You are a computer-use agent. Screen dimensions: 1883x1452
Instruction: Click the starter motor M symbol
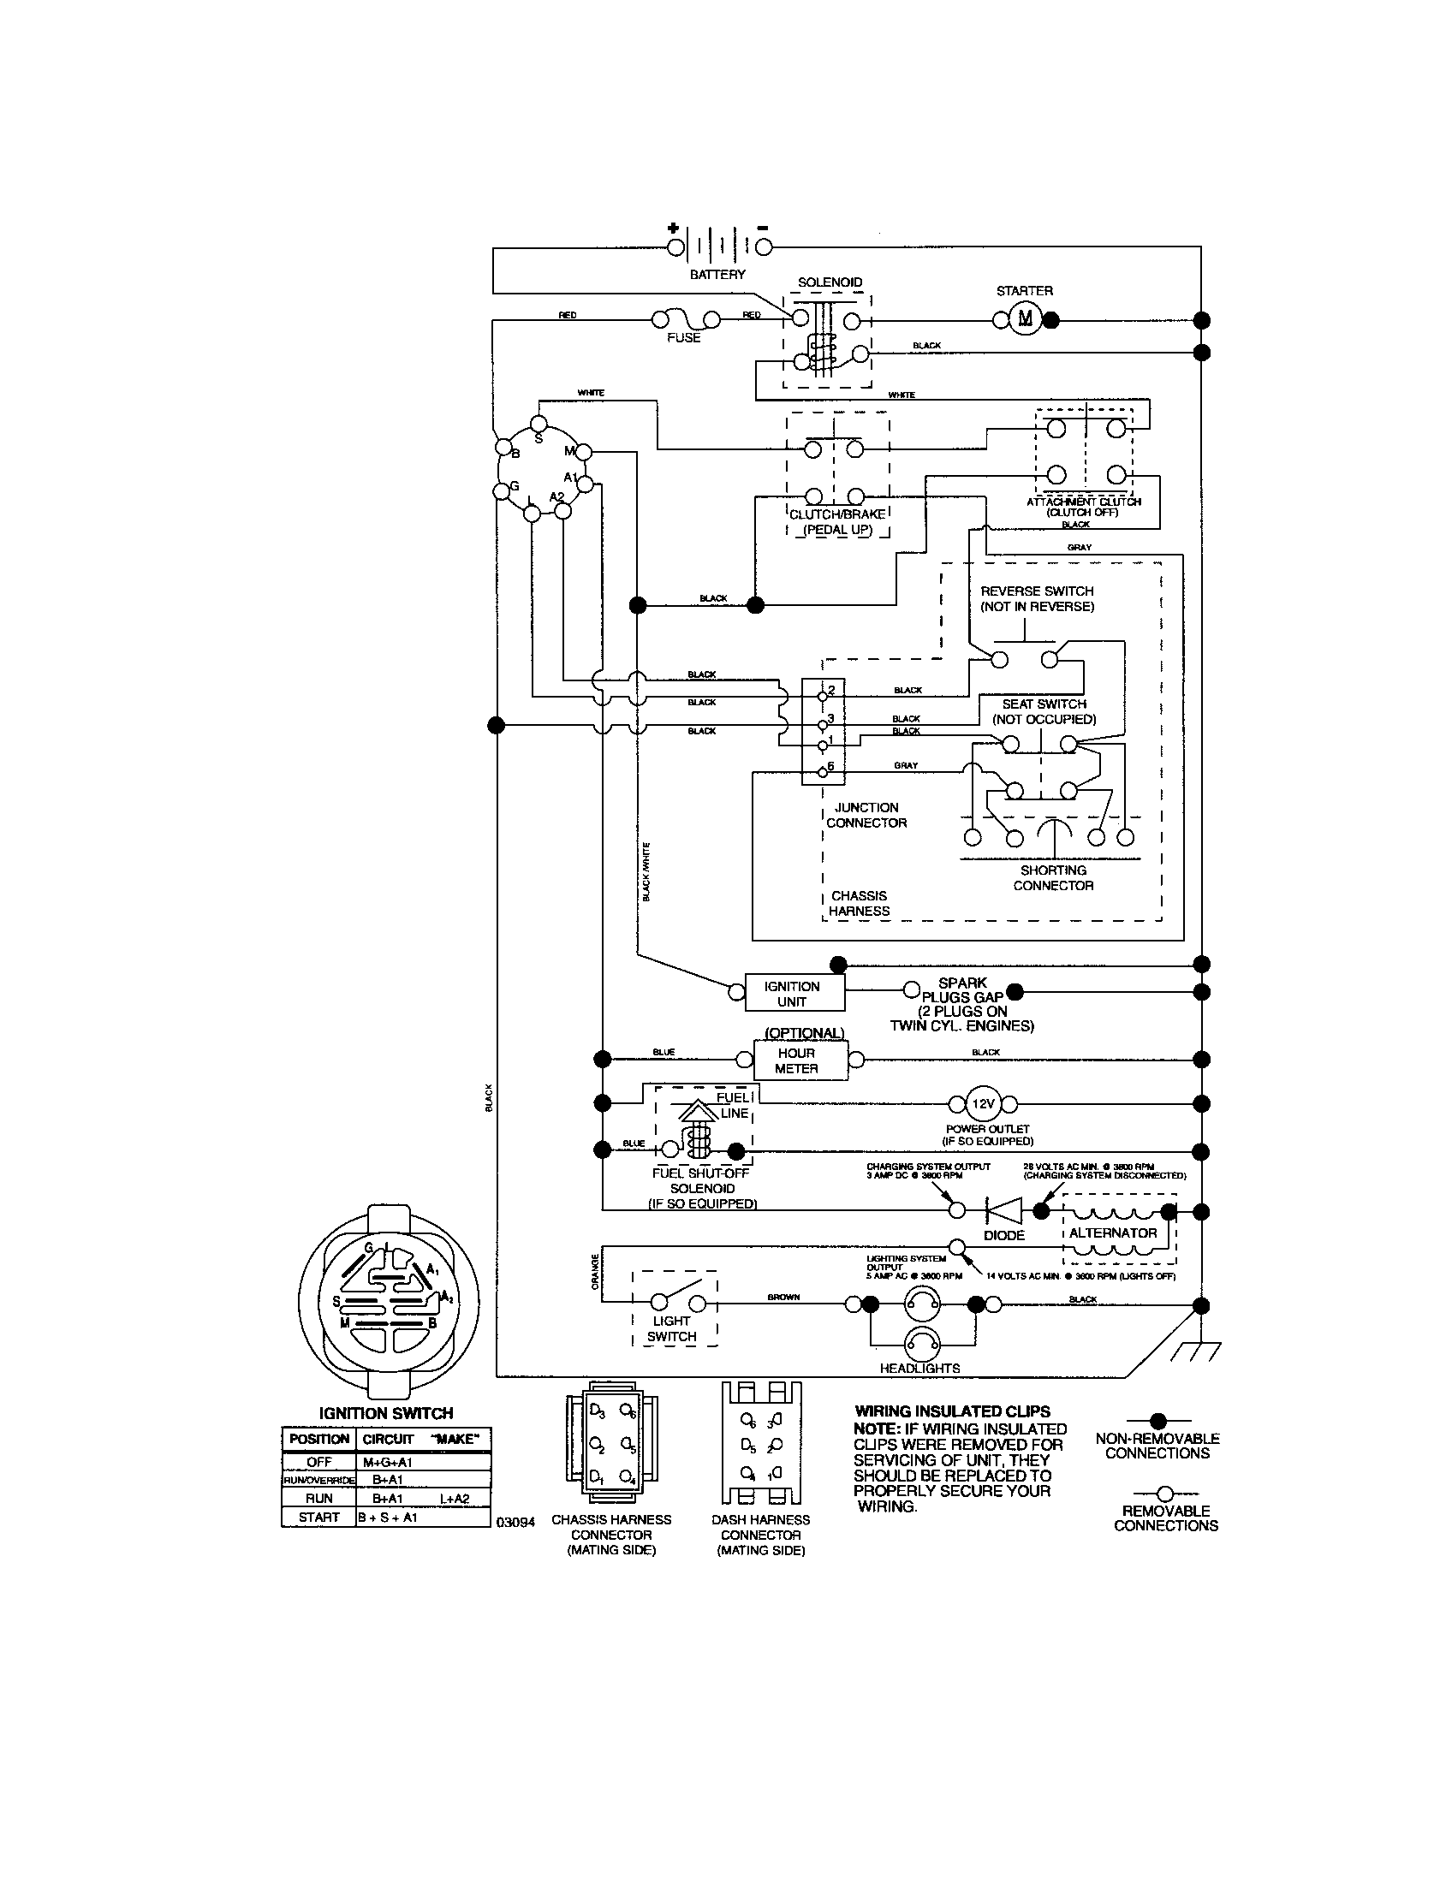pyautogui.click(x=1024, y=320)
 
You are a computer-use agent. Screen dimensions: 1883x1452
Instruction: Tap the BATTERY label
pyautogui.click(x=717, y=274)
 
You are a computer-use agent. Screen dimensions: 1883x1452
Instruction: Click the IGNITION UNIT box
pyautogui.click(x=792, y=993)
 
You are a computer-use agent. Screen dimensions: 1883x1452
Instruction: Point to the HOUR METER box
pyautogui.click(x=796, y=1060)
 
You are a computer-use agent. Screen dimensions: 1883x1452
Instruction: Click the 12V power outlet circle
pyautogui.click(x=983, y=1103)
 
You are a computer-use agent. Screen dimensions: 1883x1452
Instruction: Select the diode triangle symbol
pyautogui.click(x=1003, y=1210)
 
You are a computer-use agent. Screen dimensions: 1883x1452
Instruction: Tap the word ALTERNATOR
pyautogui.click(x=1112, y=1233)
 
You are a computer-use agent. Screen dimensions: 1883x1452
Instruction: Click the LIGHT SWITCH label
pyautogui.click(x=672, y=1328)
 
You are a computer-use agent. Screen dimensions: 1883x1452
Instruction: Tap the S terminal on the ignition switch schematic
pyautogui.click(x=538, y=424)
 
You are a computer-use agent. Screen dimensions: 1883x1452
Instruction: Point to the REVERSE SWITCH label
pyautogui.click(x=1037, y=598)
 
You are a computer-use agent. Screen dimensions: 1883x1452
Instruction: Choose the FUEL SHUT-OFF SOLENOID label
pyautogui.click(x=702, y=1188)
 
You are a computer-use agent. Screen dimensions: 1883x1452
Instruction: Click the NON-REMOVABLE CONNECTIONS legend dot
pyautogui.click(x=1158, y=1420)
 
